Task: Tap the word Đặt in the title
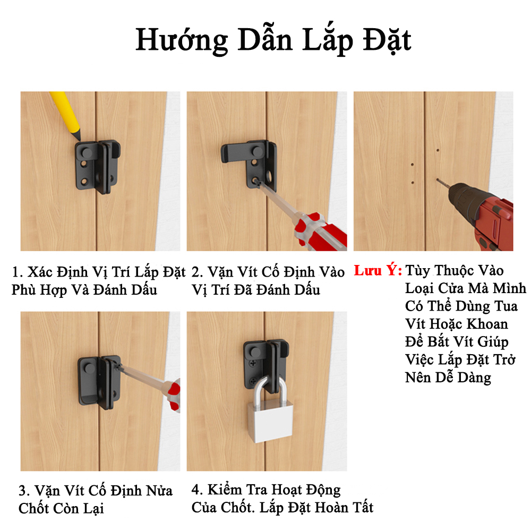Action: coord(387,40)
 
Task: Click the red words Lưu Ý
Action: coord(378,271)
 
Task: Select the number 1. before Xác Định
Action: coord(18,272)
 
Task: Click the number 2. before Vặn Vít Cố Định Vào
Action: coord(197,272)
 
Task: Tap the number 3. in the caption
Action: coord(24,491)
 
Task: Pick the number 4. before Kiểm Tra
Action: coord(198,490)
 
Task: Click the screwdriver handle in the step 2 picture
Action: coord(320,232)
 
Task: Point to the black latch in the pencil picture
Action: coord(98,167)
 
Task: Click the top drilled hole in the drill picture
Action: coord(438,150)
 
